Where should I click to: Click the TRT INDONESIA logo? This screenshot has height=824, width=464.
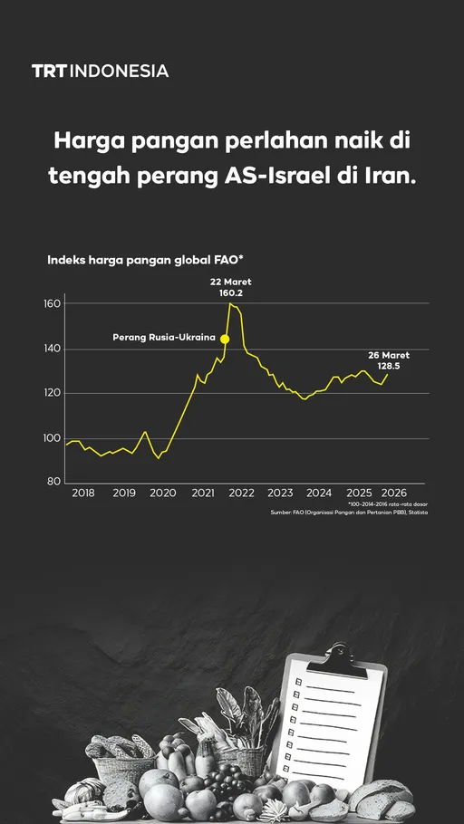tap(100, 71)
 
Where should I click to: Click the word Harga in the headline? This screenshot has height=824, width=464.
tap(89, 141)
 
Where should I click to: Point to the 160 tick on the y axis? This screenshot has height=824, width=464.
tap(52, 304)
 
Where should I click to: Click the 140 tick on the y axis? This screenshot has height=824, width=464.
tap(52, 349)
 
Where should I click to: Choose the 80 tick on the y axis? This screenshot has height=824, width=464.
tap(54, 483)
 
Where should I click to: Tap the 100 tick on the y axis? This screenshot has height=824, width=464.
tap(52, 438)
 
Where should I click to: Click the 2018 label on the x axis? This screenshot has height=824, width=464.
tap(82, 493)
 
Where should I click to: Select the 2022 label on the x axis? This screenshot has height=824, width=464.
tap(241, 493)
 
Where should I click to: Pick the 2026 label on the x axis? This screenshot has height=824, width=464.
tap(394, 493)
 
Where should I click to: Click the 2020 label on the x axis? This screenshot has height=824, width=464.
tap(162, 493)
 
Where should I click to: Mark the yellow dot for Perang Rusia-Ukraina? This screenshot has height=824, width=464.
tap(225, 339)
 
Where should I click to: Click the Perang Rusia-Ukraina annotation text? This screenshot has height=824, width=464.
tap(164, 338)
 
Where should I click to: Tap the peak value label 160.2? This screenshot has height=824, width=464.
tap(231, 293)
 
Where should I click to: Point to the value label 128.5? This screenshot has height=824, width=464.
tap(389, 367)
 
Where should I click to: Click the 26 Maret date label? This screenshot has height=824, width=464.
tap(389, 355)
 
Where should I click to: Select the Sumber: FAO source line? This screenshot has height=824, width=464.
tap(349, 513)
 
